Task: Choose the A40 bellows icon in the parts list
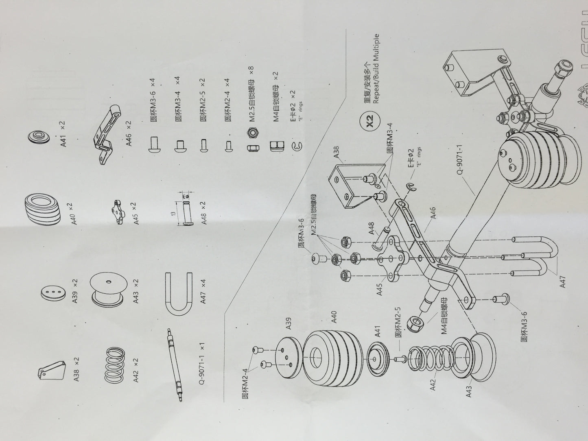pyautogui.click(x=42, y=208)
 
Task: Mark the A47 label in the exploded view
pyautogui.click(x=563, y=281)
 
